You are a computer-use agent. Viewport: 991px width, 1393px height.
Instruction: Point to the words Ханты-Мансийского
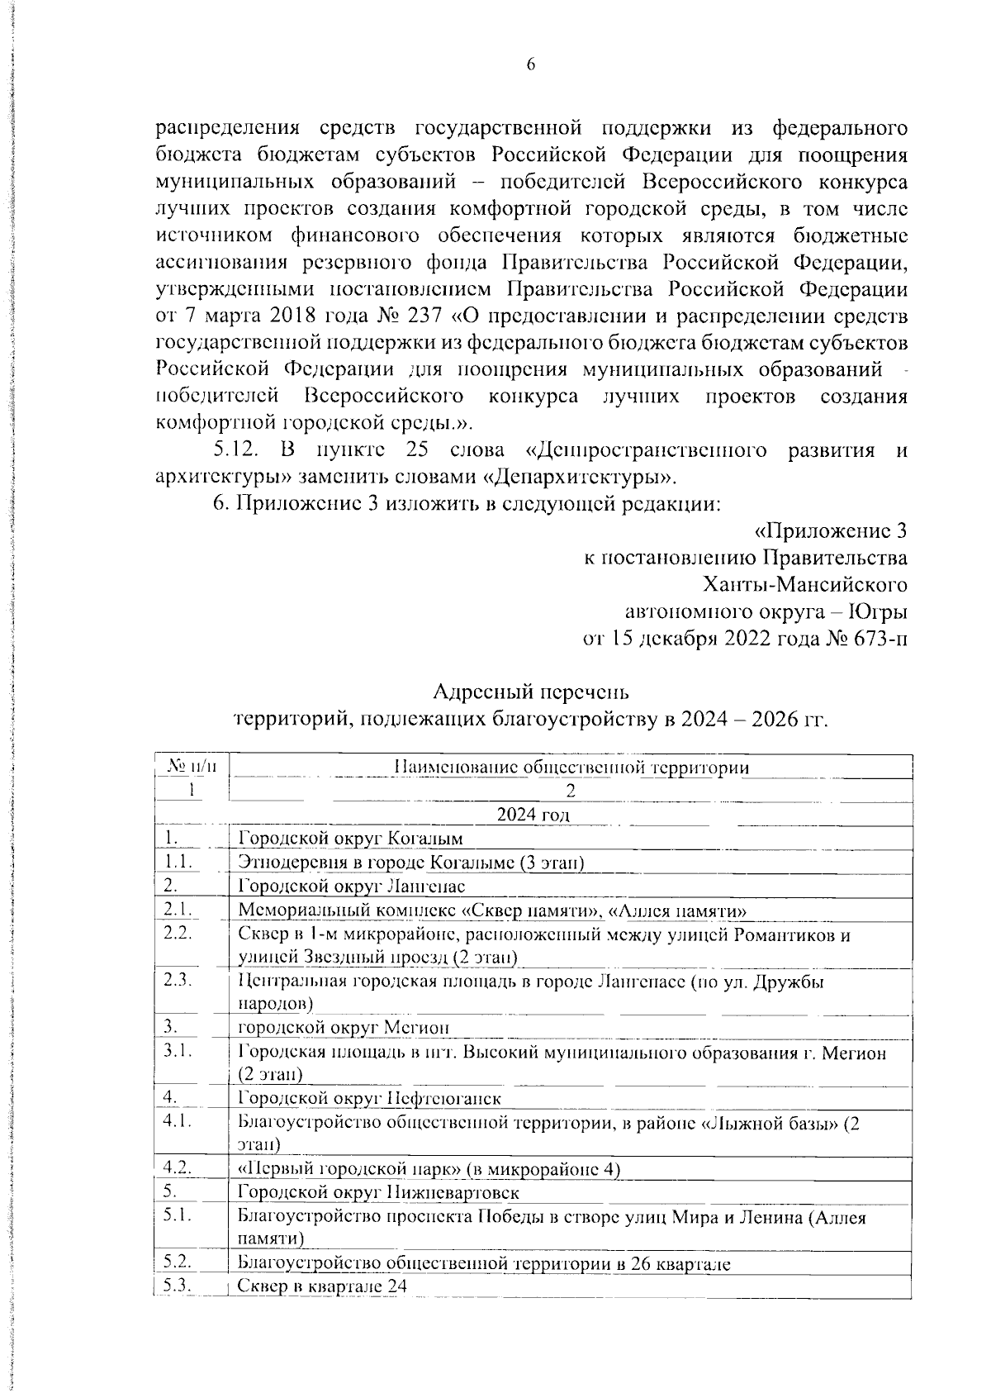[x=804, y=585]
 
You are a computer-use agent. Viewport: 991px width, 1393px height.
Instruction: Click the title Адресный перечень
[x=531, y=691]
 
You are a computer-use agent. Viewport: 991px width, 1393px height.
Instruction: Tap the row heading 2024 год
[x=533, y=815]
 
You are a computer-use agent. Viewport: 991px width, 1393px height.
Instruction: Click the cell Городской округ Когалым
[x=350, y=839]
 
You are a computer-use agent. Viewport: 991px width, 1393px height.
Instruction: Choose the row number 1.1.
[x=178, y=862]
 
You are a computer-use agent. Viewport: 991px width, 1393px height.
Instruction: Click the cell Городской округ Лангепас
[x=352, y=887]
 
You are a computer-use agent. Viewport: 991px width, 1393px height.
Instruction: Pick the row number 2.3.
[x=178, y=981]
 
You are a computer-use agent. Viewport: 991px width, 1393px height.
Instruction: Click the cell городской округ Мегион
[x=344, y=1028]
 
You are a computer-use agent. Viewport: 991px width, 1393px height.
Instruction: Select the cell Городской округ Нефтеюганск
[x=369, y=1099]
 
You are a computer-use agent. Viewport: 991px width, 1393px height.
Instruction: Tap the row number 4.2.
[x=178, y=1168]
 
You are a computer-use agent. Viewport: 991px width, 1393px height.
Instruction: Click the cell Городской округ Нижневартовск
[x=378, y=1193]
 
